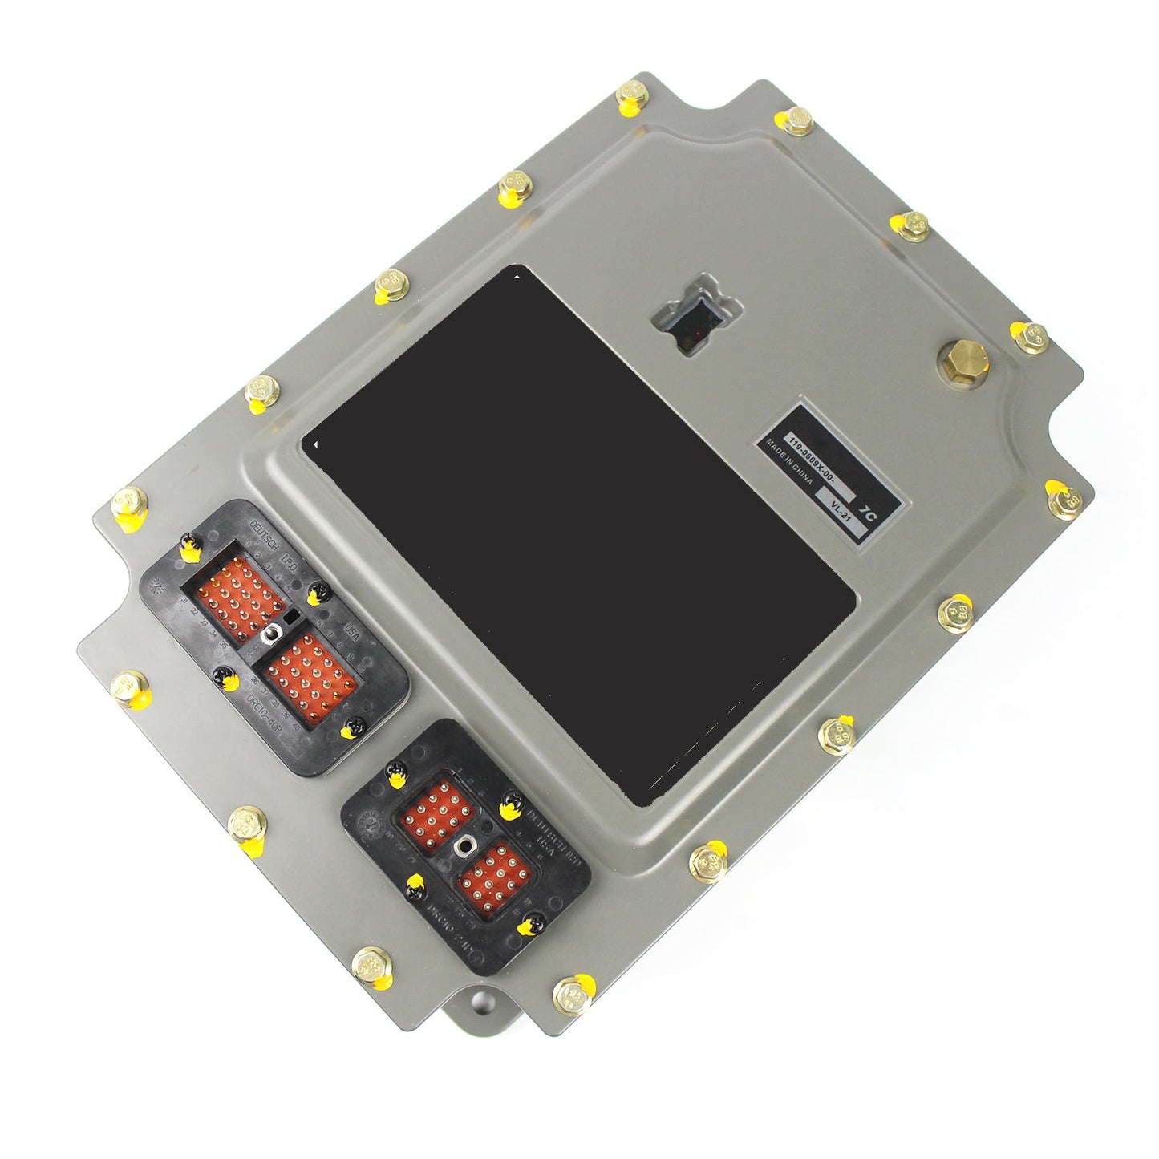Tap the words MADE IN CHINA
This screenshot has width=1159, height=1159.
tap(789, 464)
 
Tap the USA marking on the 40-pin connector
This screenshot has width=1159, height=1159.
tap(351, 633)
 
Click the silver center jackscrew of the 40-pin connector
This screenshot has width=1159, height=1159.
tap(271, 634)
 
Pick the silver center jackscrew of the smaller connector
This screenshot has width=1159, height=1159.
tap(464, 845)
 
